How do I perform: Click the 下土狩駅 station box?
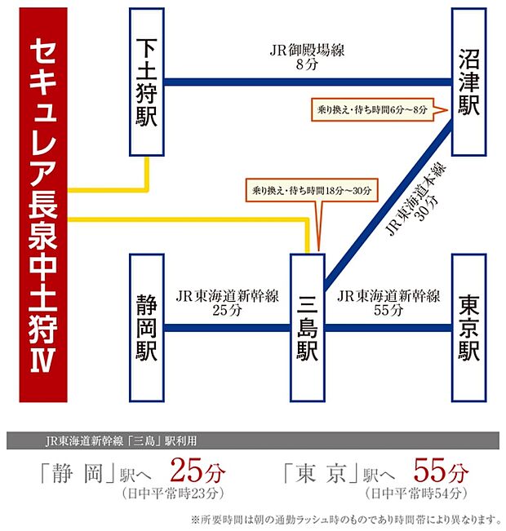pos(147,82)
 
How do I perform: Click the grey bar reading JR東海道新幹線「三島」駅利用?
pos(253,441)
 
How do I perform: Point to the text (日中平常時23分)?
pos(171,493)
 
